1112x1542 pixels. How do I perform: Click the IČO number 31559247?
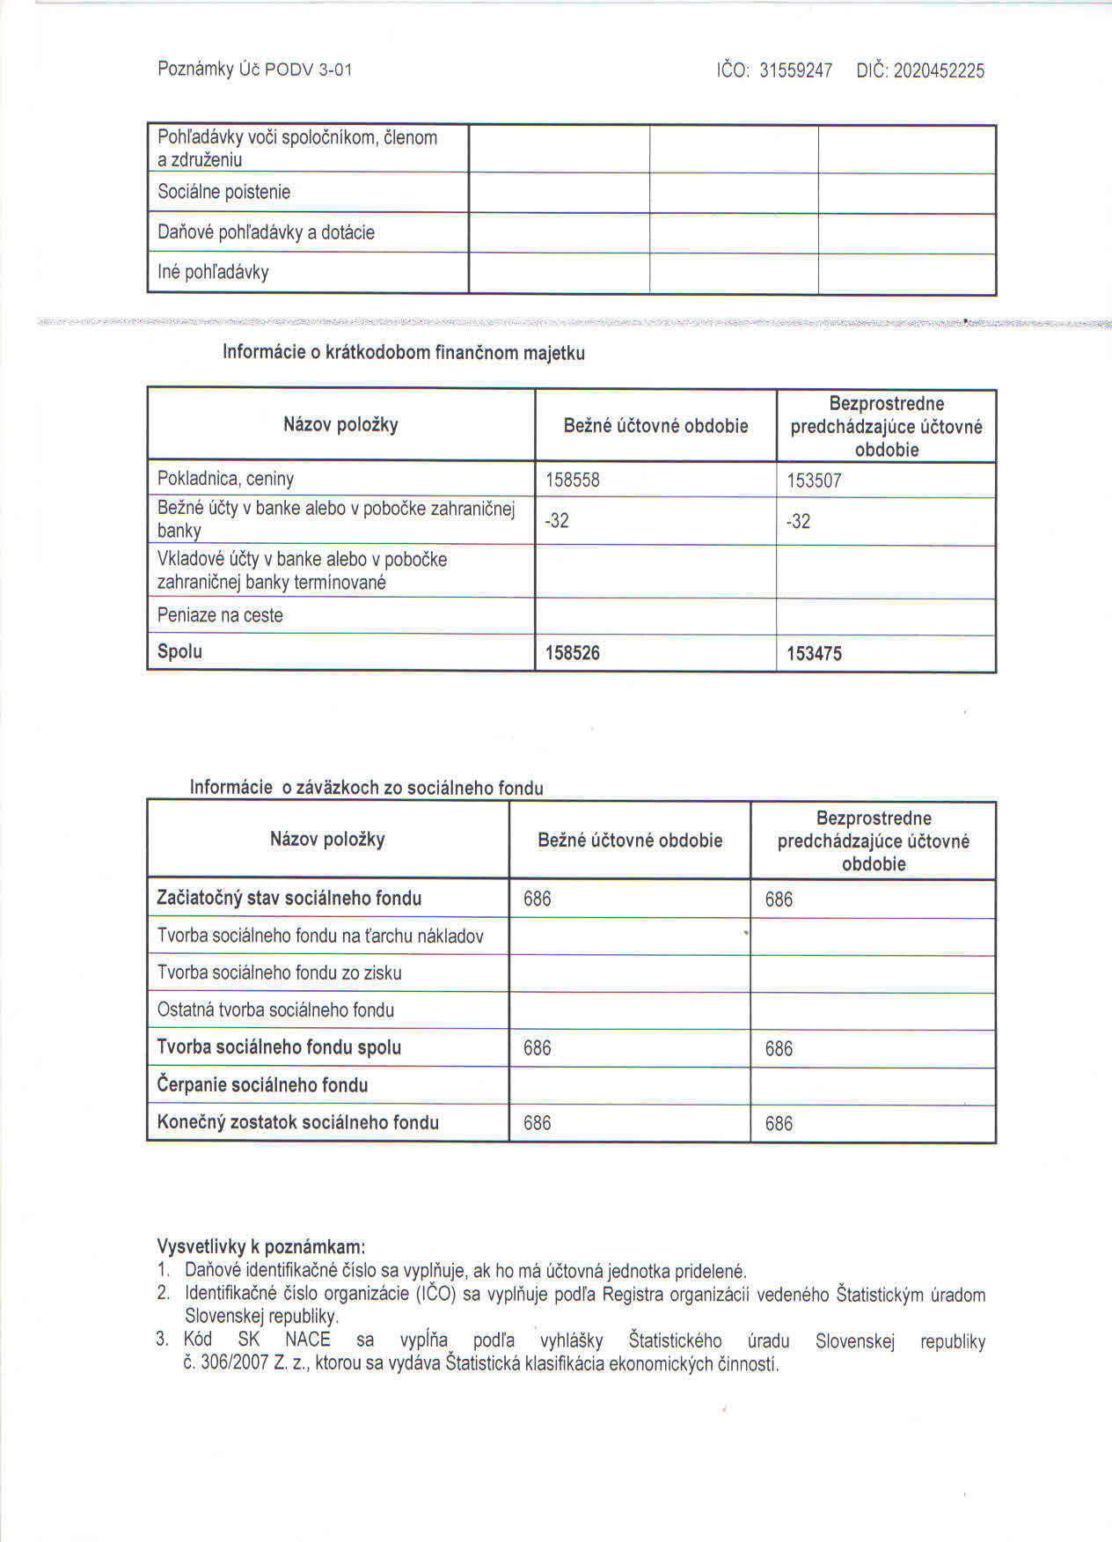[795, 71]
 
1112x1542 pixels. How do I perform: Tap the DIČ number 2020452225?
[939, 71]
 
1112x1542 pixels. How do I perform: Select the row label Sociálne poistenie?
[223, 192]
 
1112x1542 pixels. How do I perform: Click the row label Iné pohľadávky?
[213, 272]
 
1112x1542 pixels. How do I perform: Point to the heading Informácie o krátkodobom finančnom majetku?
[404, 353]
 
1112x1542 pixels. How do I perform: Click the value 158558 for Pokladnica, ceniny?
[573, 481]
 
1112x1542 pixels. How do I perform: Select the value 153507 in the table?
[814, 481]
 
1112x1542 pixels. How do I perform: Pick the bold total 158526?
[573, 653]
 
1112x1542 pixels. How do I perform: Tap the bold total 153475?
[814, 654]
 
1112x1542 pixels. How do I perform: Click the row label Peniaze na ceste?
[220, 615]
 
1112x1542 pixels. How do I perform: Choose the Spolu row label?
[179, 651]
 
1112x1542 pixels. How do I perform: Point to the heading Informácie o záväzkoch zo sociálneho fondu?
[367, 788]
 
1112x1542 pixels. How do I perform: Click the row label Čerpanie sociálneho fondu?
[262, 1085]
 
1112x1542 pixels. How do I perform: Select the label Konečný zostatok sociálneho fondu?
[297, 1122]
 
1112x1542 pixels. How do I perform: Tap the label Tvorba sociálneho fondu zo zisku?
[279, 973]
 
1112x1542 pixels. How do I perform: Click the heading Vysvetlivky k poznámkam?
[260, 1246]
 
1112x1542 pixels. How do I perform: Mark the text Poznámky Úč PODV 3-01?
[255, 70]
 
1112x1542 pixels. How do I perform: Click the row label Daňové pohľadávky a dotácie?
[266, 232]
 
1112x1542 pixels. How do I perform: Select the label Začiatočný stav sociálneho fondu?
[289, 898]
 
